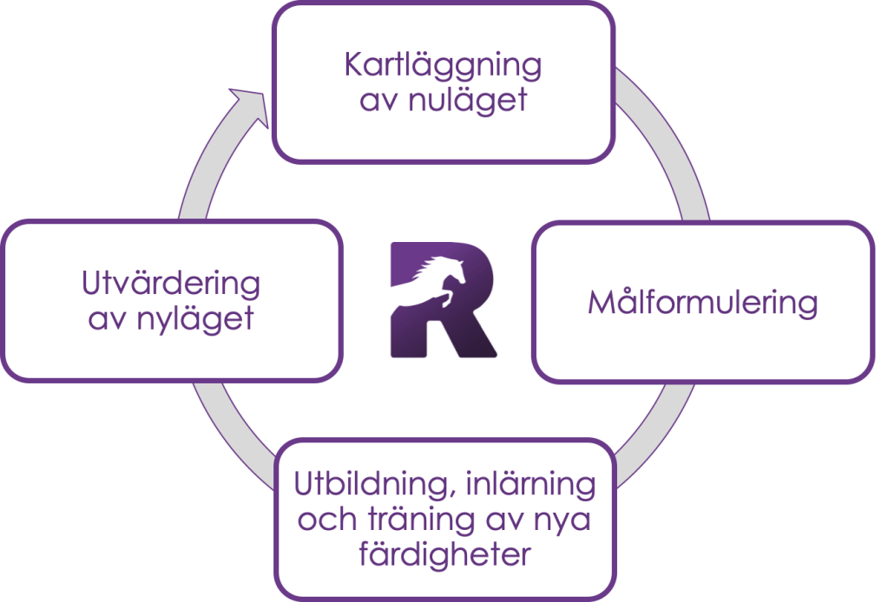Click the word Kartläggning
click(x=443, y=67)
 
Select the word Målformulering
click(x=702, y=304)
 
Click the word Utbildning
click(x=370, y=484)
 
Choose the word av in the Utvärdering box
click(x=107, y=318)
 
